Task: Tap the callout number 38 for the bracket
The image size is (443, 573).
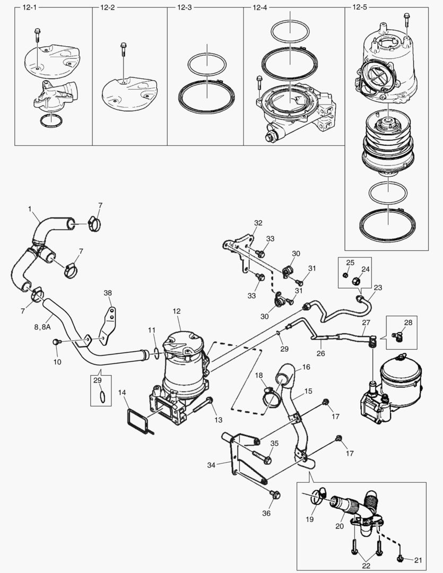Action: coord(108,293)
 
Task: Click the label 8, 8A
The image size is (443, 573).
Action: coord(39,327)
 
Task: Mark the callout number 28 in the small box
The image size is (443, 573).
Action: coord(407,322)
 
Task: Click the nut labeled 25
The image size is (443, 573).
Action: coord(345,275)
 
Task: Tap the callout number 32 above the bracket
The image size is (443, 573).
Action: coord(258,223)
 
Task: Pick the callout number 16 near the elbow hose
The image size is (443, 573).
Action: coord(306,367)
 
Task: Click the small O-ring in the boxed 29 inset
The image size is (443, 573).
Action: coord(102,396)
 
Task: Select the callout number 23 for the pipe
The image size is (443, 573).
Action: coord(378,288)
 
